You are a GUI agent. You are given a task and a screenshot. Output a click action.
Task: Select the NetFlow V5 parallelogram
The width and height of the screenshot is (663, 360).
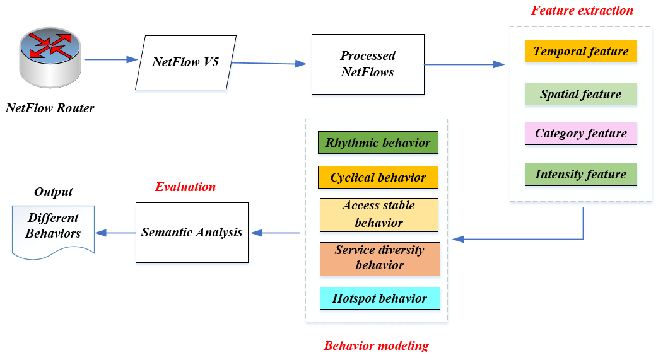185,62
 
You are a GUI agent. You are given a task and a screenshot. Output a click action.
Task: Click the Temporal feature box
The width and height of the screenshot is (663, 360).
580,52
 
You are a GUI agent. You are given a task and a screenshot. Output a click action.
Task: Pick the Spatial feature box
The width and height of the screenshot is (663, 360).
580,95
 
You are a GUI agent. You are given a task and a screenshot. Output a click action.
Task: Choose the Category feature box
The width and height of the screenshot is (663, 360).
580,134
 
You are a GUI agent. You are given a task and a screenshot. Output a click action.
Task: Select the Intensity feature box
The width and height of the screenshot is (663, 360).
580,175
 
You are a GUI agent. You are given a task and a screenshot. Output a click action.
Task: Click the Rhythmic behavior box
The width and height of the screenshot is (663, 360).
378,143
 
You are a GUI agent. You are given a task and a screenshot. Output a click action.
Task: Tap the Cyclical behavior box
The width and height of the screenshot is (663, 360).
378,178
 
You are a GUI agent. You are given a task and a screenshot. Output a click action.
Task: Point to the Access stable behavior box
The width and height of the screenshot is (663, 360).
378,214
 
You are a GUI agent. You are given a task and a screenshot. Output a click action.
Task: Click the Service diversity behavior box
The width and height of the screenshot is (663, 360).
379,258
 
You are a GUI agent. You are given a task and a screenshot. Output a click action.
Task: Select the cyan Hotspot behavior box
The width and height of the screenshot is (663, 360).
379,298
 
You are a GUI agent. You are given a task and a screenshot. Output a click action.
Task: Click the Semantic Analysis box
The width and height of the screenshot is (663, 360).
192,232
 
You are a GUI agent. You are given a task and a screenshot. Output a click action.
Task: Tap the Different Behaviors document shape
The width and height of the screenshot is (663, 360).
54,229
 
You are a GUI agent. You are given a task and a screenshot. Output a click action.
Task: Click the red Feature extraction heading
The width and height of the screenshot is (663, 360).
582,11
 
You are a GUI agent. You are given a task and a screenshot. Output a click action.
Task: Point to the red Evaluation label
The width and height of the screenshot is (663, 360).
185,187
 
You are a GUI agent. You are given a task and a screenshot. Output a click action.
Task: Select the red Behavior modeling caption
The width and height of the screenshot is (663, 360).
376,345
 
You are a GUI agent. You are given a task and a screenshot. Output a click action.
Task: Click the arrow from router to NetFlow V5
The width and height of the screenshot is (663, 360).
110,60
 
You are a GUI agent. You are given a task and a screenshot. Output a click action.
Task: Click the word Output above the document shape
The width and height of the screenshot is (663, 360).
53,192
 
